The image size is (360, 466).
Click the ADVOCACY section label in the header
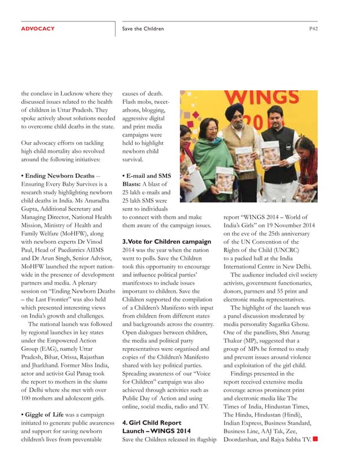pos(37,28)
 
